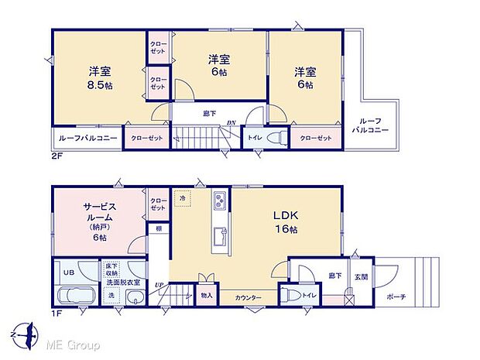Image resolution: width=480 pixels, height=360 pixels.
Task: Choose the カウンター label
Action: (x=249, y=298)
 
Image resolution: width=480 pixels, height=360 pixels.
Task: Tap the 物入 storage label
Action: (x=206, y=294)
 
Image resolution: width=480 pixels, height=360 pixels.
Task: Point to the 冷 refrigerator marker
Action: (x=181, y=197)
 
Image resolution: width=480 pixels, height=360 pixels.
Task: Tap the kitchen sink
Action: (x=220, y=235)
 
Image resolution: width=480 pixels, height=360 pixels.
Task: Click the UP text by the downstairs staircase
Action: (x=160, y=285)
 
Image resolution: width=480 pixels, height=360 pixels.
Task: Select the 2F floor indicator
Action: (x=57, y=155)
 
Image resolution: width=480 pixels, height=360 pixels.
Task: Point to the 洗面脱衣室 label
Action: (x=123, y=283)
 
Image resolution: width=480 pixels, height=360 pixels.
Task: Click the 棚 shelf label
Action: (x=157, y=228)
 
